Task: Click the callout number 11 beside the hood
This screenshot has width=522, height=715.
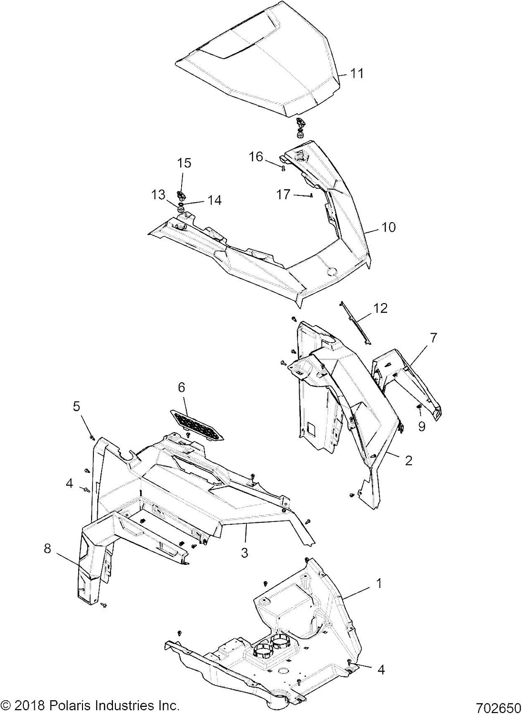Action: coord(357,73)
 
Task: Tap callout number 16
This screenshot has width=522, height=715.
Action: coord(256,157)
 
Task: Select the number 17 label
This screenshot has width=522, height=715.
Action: coord(283,194)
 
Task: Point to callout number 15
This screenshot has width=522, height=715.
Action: coord(184,163)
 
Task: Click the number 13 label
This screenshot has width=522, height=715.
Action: coord(158,194)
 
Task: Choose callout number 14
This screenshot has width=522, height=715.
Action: coord(215,200)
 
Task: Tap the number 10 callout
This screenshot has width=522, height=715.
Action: coord(389,227)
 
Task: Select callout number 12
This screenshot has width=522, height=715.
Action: coord(380,308)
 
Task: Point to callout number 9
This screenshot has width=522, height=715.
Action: coord(422,427)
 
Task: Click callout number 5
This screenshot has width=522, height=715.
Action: coord(77,407)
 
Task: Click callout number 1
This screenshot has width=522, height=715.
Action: coord(379,583)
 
